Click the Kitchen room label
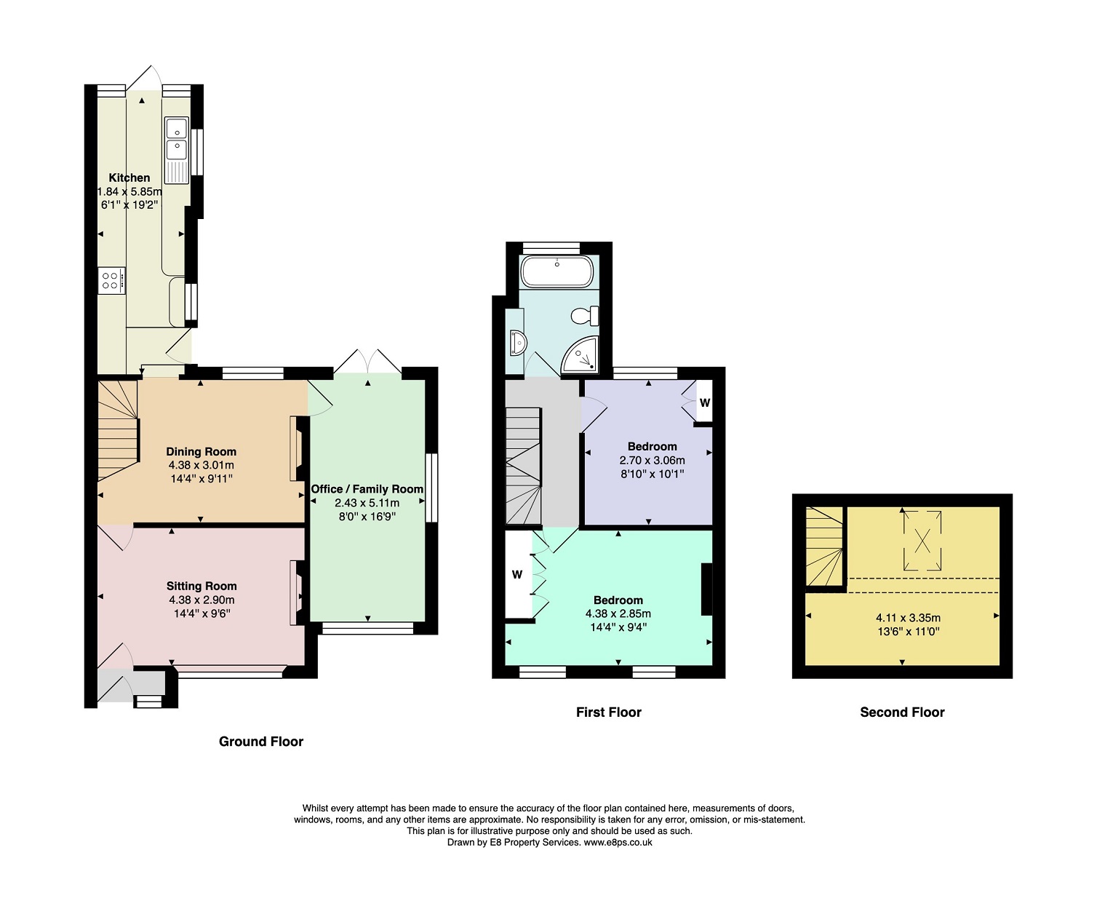pyautogui.click(x=129, y=178)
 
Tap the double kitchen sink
pyautogui.click(x=177, y=151)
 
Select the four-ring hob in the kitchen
pyautogui.click(x=111, y=281)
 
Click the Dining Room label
pyautogui.click(x=202, y=451)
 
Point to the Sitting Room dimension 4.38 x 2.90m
pyautogui.click(x=202, y=600)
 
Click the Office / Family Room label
pyautogui.click(x=367, y=489)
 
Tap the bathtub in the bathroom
pyautogui.click(x=557, y=271)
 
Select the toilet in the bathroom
pyautogui.click(x=585, y=316)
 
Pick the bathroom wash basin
pyautogui.click(x=518, y=343)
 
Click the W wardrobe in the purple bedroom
pyautogui.click(x=704, y=402)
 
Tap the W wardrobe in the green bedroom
pyautogui.click(x=517, y=574)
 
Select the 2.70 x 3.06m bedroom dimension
pyautogui.click(x=652, y=461)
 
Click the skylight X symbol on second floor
pyautogui.click(x=922, y=540)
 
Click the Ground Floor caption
pyautogui.click(x=261, y=742)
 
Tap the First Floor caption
pyautogui.click(x=608, y=712)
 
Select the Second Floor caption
pyautogui.click(x=902, y=712)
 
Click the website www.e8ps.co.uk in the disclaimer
pyautogui.click(x=618, y=843)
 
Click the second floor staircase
pyautogui.click(x=824, y=547)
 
